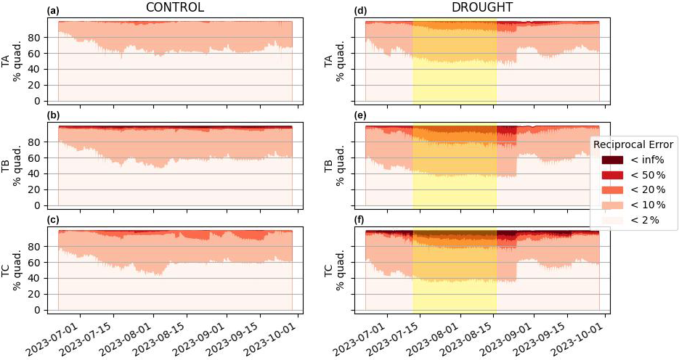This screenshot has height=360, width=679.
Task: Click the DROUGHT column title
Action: pos(482,7)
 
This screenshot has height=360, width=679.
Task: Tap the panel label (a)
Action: pos(52,11)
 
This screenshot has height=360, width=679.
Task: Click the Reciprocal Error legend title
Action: pos(633,144)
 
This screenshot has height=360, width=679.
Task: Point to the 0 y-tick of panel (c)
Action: pos(45,310)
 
